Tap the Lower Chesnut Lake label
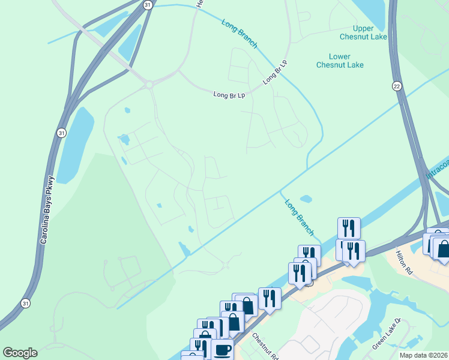[x=340, y=61]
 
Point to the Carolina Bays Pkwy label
[x=47, y=209]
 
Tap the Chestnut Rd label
[x=265, y=346]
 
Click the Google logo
[x=20, y=353]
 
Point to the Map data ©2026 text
[x=423, y=355]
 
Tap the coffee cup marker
[x=222, y=349]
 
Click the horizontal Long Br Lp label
[x=229, y=95]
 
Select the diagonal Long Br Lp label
[x=275, y=72]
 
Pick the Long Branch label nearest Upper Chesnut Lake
[x=240, y=34]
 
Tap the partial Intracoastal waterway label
[x=437, y=168]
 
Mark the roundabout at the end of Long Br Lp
[x=148, y=85]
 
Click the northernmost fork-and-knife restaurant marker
[x=349, y=227]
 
